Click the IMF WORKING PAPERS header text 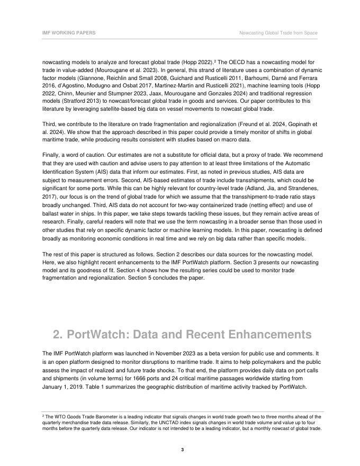click(x=69, y=33)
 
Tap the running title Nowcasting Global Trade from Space click(x=278, y=33)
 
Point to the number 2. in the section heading click(x=59, y=335)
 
